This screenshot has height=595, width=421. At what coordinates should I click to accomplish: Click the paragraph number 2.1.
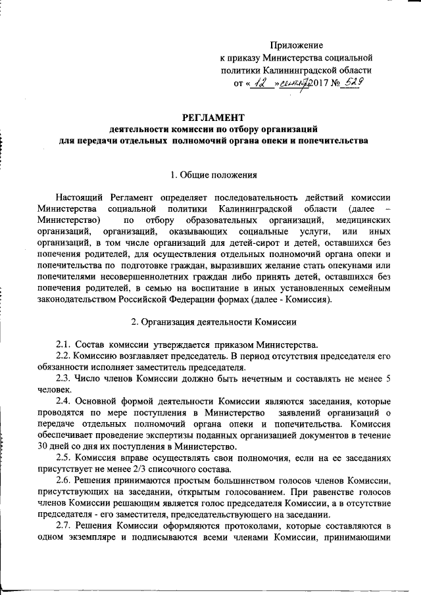pyautogui.click(x=63, y=345)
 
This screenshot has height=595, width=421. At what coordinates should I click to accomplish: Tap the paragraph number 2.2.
pyautogui.click(x=63, y=356)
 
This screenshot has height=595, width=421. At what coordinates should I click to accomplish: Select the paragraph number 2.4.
pyautogui.click(x=63, y=401)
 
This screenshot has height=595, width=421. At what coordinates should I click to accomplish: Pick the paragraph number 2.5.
pyautogui.click(x=63, y=458)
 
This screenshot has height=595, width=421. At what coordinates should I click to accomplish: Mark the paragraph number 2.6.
pyautogui.click(x=63, y=481)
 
